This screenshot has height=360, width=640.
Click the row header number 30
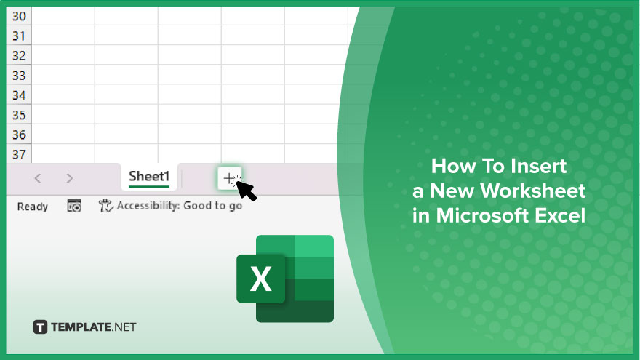[19, 16]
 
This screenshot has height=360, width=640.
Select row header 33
[19, 76]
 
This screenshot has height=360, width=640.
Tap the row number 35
[19, 115]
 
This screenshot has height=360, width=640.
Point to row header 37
[19, 154]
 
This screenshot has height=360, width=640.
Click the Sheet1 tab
[149, 177]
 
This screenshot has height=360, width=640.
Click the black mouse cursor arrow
[247, 191]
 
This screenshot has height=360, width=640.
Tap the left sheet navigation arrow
[38, 178]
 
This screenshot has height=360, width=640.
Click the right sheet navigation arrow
[69, 178]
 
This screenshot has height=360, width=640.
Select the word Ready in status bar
[33, 207]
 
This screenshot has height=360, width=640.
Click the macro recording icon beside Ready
[74, 206]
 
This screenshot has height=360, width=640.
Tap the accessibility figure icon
[105, 206]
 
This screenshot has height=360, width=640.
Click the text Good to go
[212, 206]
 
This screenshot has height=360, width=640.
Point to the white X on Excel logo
[261, 279]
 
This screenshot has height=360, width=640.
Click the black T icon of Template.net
[40, 327]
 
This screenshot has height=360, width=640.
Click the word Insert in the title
[539, 166]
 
